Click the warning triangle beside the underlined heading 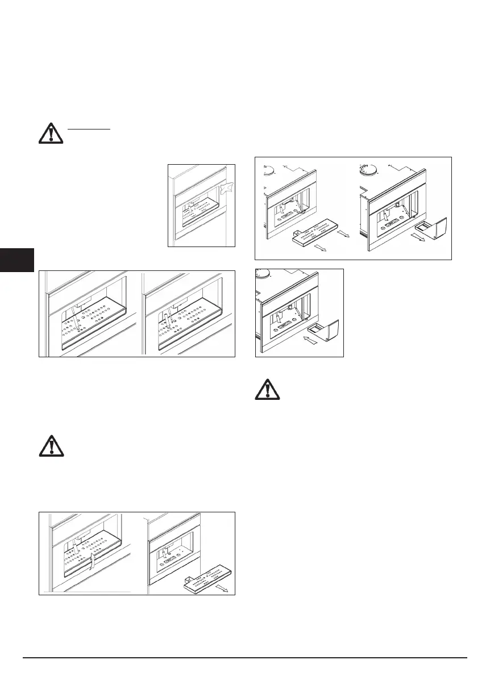[x=52, y=133]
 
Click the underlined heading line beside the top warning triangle [x=89, y=129]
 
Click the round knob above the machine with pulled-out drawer [x=368, y=168]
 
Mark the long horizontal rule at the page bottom [x=245, y=658]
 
